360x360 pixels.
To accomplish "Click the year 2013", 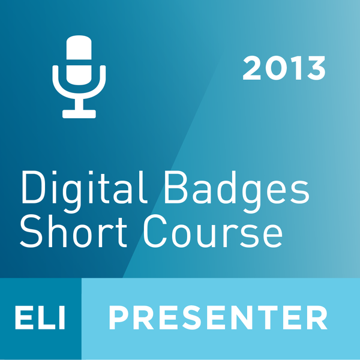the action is click(x=284, y=68).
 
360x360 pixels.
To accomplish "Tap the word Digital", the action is click(x=84, y=192).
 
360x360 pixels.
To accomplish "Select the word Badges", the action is click(x=237, y=192).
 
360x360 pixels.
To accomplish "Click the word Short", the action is click(x=73, y=231).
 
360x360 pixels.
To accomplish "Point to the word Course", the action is click(x=213, y=231).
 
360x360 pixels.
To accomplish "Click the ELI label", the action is click(x=40, y=318).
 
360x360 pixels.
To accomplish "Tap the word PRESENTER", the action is click(x=218, y=318).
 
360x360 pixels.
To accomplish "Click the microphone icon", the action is click(x=79, y=77).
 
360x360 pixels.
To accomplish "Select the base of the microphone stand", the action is click(x=79, y=114).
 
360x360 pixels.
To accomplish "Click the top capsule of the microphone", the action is click(x=79, y=47).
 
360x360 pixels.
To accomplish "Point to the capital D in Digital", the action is click(x=32, y=187).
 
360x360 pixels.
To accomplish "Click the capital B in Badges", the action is click(x=176, y=187).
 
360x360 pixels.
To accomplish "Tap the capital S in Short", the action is click(x=31, y=231).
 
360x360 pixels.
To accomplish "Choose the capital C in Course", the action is click(x=155, y=231).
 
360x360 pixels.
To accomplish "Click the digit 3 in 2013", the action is click(x=316, y=68).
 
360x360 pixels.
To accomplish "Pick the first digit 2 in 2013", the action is click(x=251, y=68).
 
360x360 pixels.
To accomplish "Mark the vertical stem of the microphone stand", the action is click(x=79, y=104).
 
